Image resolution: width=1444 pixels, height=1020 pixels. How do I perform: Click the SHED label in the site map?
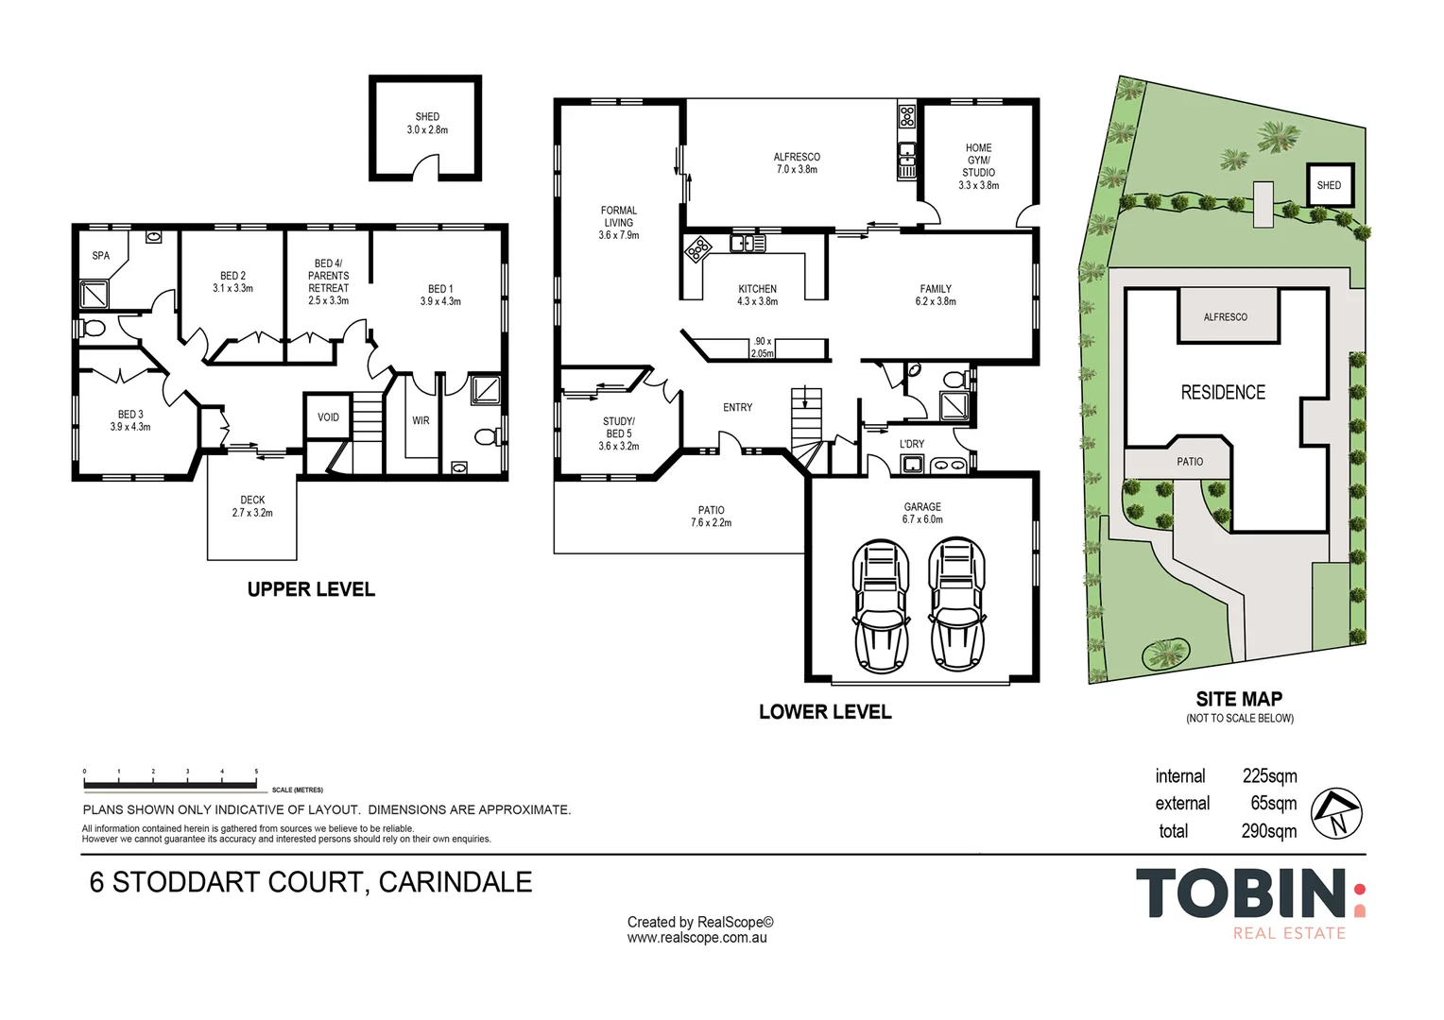[1329, 185]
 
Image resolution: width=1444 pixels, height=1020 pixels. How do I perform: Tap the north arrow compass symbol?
[1337, 813]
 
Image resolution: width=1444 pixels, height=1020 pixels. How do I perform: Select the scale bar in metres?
[170, 785]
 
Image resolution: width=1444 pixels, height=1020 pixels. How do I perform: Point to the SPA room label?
[100, 256]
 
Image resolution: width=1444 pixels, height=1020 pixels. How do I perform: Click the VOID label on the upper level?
[328, 417]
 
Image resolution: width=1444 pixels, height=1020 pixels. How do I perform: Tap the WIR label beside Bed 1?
[421, 421]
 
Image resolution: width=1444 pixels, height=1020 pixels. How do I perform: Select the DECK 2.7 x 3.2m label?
[252, 506]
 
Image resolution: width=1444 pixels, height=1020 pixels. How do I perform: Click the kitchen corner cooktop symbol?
[697, 249]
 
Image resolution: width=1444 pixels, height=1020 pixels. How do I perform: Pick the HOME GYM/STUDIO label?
[978, 167]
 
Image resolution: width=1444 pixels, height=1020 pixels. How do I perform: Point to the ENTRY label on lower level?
[737, 408]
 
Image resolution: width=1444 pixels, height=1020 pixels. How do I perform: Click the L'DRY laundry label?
[912, 444]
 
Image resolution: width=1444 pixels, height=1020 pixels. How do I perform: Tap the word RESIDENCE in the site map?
[1222, 392]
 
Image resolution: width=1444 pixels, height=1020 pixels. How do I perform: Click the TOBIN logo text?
[1241, 893]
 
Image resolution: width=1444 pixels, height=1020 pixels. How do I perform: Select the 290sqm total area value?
[1268, 831]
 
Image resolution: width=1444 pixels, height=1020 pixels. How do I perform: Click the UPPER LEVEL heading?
[311, 589]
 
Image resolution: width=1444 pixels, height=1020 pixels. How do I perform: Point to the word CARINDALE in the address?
[456, 882]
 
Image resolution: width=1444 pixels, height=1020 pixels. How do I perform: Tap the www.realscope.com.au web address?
[696, 938]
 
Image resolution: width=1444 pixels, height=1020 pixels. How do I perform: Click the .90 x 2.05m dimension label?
[762, 348]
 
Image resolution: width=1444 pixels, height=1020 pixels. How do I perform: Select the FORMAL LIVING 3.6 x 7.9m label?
[618, 223]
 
